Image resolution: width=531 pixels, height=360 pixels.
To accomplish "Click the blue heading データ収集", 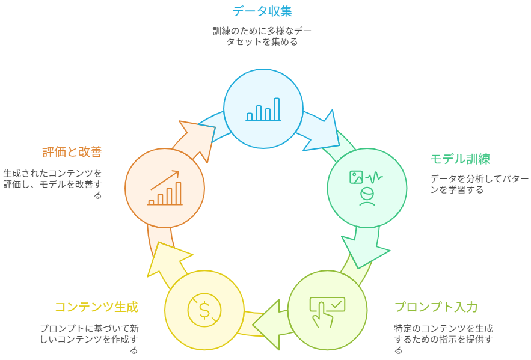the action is pyautogui.click(x=262, y=11).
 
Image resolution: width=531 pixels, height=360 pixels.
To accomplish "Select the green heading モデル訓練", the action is pyautogui.click(x=460, y=159).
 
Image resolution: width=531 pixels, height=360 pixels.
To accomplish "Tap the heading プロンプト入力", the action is pyautogui.click(x=436, y=307).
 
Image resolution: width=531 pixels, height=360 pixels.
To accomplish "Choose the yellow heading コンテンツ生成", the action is pyautogui.click(x=96, y=307).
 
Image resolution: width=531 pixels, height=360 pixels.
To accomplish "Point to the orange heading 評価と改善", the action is pyautogui.click(x=72, y=152).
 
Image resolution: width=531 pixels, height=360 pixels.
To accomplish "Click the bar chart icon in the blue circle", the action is pyautogui.click(x=263, y=109).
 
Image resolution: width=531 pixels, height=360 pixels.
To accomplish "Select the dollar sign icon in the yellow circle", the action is pyautogui.click(x=204, y=310).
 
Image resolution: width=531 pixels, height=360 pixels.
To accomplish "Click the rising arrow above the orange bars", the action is pyautogui.click(x=165, y=180).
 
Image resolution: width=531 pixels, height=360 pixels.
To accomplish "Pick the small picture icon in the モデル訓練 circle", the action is pyautogui.click(x=356, y=177).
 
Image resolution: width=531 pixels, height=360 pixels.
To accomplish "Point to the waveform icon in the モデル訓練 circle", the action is pyautogui.click(x=374, y=177).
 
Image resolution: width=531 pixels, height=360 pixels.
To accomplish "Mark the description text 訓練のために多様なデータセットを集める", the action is pyautogui.click(x=262, y=36).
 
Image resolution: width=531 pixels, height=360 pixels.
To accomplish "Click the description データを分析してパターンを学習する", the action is pyautogui.click(x=479, y=184).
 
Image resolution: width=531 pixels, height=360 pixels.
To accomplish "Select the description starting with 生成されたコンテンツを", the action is pyautogui.click(x=52, y=184).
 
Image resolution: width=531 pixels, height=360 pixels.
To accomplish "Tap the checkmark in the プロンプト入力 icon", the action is pyautogui.click(x=337, y=305).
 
